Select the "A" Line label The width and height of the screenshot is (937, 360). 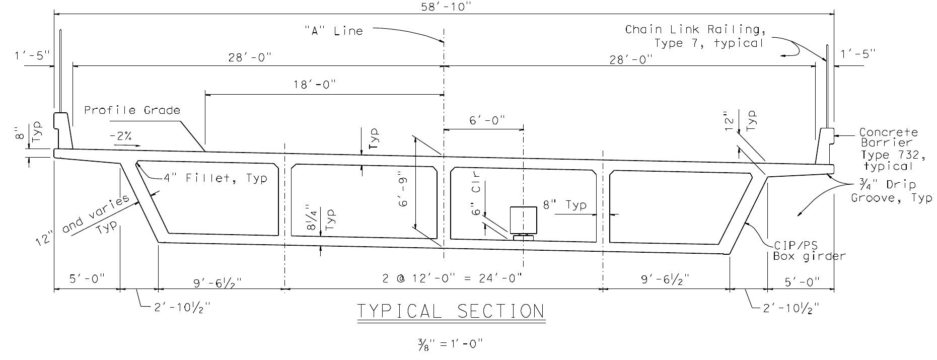coord(333,31)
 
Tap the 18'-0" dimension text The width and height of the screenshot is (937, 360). coord(315,85)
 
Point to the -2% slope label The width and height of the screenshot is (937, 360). coord(122,136)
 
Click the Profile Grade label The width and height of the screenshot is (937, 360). coord(132,110)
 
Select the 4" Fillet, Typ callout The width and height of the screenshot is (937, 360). coord(215,178)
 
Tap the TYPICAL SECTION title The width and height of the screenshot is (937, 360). coord(451,312)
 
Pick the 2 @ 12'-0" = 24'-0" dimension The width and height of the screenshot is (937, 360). coord(452,278)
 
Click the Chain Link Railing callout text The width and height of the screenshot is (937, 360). coord(695,36)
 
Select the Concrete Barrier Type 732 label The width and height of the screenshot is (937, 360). coord(887,149)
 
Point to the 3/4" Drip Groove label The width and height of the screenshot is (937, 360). coord(890,192)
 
